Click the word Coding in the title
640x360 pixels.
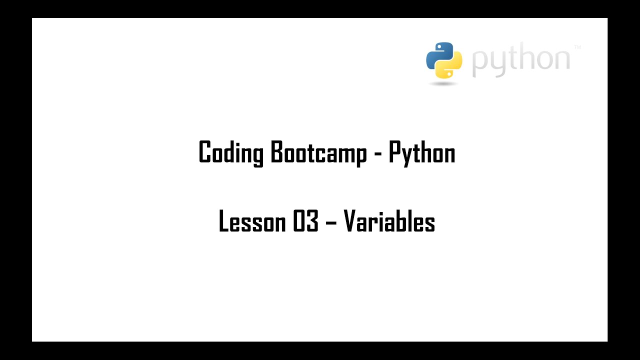(230, 152)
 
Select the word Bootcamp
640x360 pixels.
(318, 152)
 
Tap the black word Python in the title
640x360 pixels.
(422, 152)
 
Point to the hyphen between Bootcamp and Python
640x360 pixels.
(377, 153)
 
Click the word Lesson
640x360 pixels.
(252, 221)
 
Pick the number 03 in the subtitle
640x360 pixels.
(305, 221)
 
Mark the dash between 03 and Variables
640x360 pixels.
(331, 222)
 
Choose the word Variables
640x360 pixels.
(389, 221)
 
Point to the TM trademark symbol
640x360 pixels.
(577, 47)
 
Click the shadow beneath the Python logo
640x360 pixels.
(443, 83)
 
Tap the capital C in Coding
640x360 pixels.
(204, 152)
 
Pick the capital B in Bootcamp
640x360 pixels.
(276, 152)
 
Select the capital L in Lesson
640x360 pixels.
(223, 221)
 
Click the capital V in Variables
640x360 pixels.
(350, 221)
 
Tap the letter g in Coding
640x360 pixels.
(257, 155)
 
